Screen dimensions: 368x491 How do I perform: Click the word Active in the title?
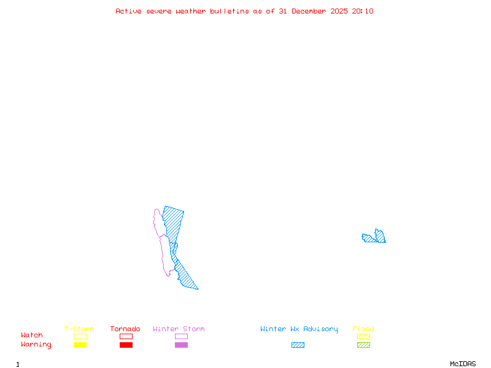click(129, 11)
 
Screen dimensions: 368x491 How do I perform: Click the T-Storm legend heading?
click(79, 329)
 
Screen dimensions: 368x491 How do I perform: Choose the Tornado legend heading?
click(125, 329)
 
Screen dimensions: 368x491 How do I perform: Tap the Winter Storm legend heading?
click(179, 329)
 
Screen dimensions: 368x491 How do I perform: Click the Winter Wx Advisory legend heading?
click(299, 329)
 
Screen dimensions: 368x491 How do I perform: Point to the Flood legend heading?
click(363, 329)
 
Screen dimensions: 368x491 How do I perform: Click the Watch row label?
click(32, 335)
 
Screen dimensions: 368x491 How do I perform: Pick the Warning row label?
click(36, 345)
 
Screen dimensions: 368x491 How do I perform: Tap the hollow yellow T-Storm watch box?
click(80, 336)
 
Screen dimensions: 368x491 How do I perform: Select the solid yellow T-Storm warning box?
click(80, 345)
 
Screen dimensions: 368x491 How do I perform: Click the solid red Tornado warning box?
click(126, 345)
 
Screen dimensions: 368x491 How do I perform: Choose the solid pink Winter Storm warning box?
click(181, 345)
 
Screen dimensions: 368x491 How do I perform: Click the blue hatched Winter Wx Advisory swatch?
click(298, 345)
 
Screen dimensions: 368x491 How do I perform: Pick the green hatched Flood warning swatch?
click(363, 345)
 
